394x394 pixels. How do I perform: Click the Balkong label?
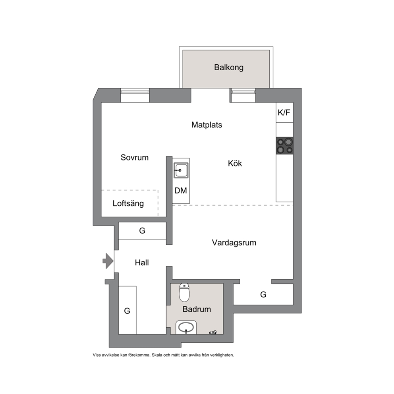point(229,68)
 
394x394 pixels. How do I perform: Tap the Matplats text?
point(207,125)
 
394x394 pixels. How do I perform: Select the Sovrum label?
point(134,158)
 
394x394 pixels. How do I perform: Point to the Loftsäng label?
point(128,203)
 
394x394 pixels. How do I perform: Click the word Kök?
point(235,163)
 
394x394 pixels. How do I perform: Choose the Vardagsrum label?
point(234,243)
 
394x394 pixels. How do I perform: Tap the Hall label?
point(142,263)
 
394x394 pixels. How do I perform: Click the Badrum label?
point(197,309)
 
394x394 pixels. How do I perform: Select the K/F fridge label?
point(284,112)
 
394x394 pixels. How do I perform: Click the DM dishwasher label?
point(181,191)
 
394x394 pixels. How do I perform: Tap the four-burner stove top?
point(285,146)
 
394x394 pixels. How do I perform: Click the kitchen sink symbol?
point(181,171)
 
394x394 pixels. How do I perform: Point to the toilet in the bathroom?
point(184,292)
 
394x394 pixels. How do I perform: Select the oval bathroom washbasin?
point(186,327)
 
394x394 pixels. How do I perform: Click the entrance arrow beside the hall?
point(108,261)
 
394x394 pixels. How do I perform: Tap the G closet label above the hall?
point(142,231)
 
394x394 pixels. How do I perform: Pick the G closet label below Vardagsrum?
point(263,294)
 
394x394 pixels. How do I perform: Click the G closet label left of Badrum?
point(127,311)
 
